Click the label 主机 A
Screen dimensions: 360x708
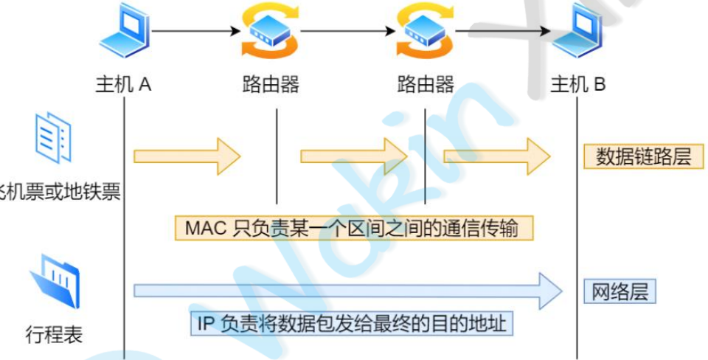[123, 84]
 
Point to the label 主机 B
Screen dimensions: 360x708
[578, 84]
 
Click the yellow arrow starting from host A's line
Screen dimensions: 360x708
[187, 156]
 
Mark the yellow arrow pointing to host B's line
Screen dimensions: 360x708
[496, 156]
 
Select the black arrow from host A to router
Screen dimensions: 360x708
[196, 32]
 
